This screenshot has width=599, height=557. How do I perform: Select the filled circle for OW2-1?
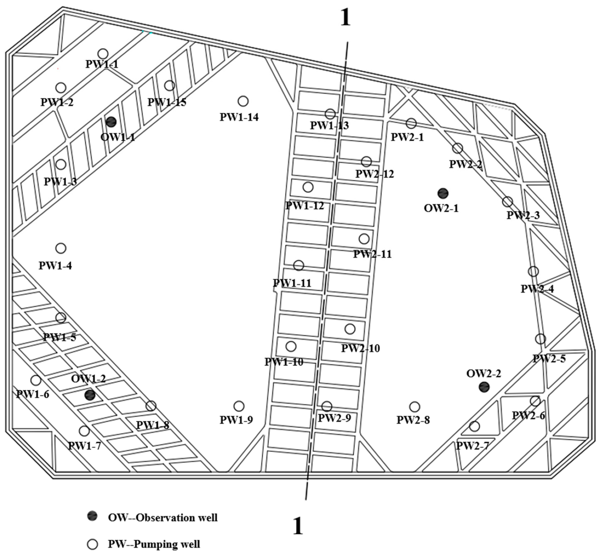[x=443, y=193]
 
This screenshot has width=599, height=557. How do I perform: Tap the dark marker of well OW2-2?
[x=484, y=387]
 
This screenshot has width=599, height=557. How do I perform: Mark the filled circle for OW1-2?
[x=90, y=395]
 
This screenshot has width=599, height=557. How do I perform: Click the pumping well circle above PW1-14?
[x=243, y=101]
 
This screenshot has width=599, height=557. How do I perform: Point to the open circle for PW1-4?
[x=61, y=248]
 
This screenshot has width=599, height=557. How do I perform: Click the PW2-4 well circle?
[x=533, y=272]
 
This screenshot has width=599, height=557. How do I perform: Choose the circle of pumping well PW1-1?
[x=103, y=54]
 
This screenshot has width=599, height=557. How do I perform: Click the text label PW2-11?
[x=372, y=254]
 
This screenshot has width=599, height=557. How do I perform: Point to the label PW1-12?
[x=305, y=206]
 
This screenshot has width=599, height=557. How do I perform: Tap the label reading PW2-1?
[x=407, y=137]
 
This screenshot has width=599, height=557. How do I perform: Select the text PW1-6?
[x=32, y=394]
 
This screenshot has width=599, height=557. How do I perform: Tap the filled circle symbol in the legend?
[x=92, y=516]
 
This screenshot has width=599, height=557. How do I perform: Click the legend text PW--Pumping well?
[x=154, y=544]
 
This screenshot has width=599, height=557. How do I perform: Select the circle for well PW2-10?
[x=350, y=329]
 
